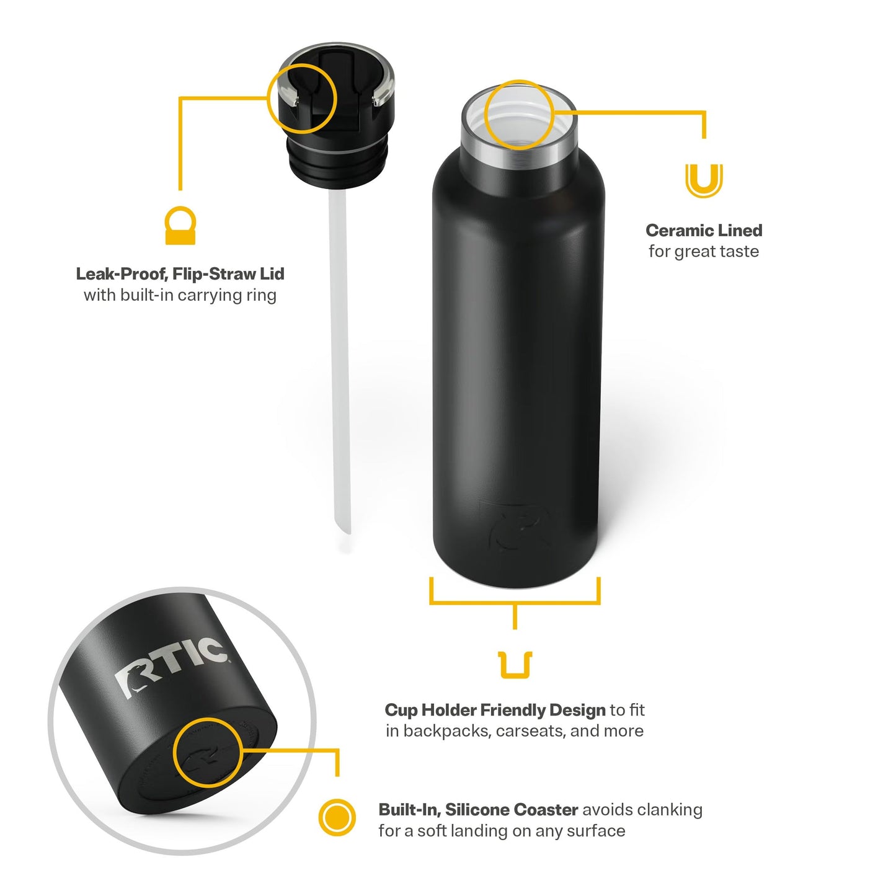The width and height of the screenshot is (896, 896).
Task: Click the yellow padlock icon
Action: [180, 226]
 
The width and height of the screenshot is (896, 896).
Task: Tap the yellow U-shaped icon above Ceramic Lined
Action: [704, 180]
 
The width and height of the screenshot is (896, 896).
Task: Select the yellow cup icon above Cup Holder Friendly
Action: [515, 665]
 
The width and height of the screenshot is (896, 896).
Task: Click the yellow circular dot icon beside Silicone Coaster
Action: [337, 817]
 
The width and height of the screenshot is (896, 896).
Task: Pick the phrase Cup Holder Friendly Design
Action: [495, 710]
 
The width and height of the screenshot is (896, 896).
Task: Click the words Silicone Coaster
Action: [512, 810]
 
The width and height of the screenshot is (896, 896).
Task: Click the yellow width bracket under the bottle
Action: [515, 601]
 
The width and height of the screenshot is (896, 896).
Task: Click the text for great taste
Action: [703, 252]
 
